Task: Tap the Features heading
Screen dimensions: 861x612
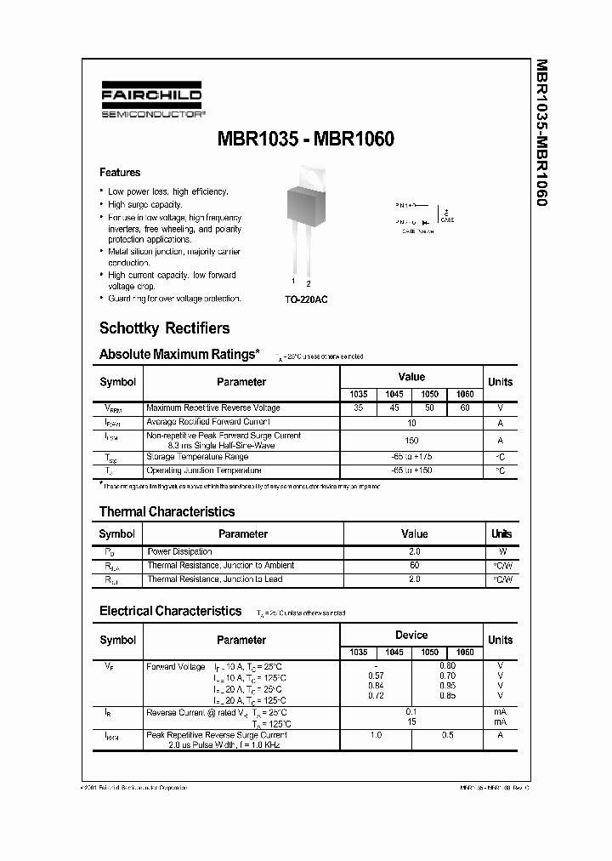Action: pos(120,172)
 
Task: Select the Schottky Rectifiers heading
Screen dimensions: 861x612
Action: pos(164,328)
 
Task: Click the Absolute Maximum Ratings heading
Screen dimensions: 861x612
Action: pos(179,354)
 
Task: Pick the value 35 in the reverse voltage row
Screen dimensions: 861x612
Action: pos(358,408)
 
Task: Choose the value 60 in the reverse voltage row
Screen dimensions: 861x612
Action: pos(464,408)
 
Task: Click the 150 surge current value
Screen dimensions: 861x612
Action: pos(411,441)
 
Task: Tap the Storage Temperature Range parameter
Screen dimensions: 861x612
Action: pos(198,458)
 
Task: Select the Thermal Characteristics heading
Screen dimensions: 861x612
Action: pos(167,511)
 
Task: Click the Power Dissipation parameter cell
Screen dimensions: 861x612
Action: pos(179,552)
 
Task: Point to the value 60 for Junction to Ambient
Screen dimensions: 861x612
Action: pos(414,566)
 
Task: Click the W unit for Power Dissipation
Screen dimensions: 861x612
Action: pos(501,552)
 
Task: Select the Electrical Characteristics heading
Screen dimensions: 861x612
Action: pos(170,611)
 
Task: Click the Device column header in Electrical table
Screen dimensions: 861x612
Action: pos(411,636)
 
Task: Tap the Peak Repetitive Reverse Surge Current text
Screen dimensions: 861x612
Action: pos(217,735)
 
